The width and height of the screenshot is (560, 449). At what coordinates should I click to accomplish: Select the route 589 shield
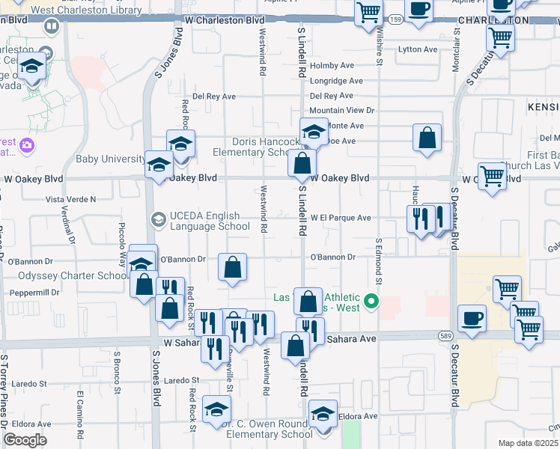point(444,337)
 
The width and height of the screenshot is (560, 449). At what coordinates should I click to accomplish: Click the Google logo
point(25,440)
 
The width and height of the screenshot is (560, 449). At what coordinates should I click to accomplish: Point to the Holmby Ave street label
point(332,66)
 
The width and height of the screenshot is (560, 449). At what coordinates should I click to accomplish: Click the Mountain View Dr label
point(341,110)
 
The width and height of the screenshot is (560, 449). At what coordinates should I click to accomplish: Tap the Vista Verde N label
point(71,200)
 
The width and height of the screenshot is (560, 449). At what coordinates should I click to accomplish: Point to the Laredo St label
point(180,381)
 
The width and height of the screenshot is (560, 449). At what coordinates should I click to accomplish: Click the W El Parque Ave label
point(341,218)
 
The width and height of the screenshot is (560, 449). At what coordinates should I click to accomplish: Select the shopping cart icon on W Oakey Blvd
point(492,177)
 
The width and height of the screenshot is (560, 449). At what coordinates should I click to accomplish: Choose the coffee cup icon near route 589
point(472,317)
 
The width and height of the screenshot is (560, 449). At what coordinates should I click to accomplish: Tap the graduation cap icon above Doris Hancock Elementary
point(314,132)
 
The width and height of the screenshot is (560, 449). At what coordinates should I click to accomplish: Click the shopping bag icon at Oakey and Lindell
point(302,162)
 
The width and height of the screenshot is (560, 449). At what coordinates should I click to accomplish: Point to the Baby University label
point(111,159)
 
